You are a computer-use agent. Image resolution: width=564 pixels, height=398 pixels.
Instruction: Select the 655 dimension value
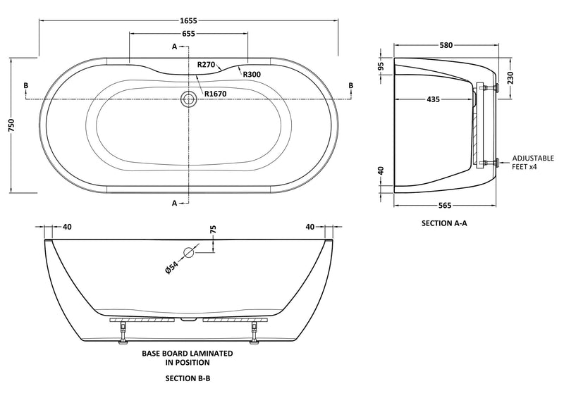click(x=188, y=34)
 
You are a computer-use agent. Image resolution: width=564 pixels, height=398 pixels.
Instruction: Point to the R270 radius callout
click(x=207, y=65)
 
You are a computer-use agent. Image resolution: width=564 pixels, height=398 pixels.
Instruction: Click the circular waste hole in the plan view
click(x=188, y=99)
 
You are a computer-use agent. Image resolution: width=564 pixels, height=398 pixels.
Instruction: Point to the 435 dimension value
click(x=433, y=99)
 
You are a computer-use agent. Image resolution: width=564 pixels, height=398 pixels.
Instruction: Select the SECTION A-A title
click(x=444, y=223)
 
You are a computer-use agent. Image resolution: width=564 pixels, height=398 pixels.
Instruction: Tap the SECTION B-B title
click(x=188, y=378)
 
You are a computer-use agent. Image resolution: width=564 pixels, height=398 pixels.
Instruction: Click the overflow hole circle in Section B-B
click(x=189, y=253)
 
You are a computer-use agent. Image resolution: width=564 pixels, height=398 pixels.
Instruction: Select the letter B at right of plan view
click(x=350, y=86)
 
